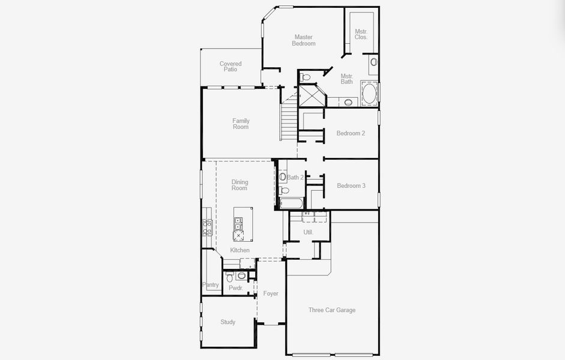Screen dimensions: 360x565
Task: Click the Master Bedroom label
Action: click(303, 40)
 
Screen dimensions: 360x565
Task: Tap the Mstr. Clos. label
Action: click(361, 34)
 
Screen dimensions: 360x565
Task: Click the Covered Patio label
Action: click(231, 67)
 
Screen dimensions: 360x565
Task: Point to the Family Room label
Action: click(241, 124)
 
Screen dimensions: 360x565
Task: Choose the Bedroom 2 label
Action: click(351, 133)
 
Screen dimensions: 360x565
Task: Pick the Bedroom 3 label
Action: click(351, 185)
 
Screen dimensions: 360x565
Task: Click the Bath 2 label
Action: click(295, 178)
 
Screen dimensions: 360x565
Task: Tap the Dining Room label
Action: click(240, 185)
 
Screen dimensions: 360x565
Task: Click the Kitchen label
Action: click(240, 250)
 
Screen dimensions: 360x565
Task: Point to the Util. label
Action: click(308, 232)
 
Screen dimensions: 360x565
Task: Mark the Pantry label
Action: click(211, 285)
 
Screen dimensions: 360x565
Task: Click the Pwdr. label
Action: click(235, 288)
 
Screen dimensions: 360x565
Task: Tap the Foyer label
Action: click(271, 293)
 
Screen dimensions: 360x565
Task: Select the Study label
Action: click(228, 322)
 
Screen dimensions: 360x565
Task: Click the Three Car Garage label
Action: click(331, 310)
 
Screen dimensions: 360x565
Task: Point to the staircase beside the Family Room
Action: click(289, 120)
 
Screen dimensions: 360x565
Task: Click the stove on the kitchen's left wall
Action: click(207, 226)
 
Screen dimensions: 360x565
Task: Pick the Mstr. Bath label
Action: click(346, 79)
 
